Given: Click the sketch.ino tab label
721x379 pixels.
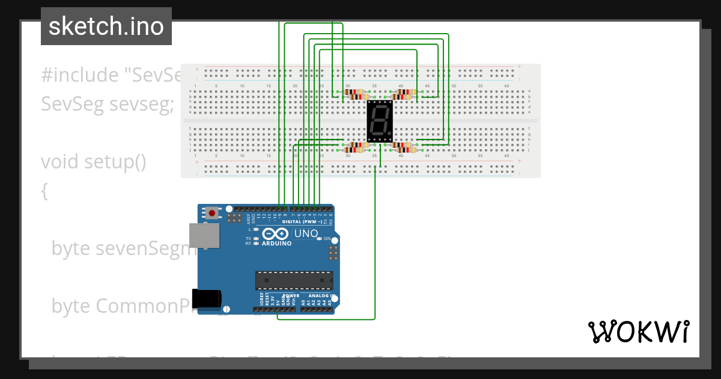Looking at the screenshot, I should (106, 26).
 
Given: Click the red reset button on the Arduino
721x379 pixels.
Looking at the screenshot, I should (212, 212).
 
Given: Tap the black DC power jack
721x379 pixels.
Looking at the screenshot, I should (207, 299).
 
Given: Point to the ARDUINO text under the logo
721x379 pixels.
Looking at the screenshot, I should (276, 244).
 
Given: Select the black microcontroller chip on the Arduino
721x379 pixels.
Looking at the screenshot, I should (294, 280).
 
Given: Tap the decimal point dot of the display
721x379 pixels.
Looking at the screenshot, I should (390, 133).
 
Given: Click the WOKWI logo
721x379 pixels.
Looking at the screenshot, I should (638, 331).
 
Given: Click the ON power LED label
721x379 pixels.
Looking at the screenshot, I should (327, 239).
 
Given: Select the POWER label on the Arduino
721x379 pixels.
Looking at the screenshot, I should (291, 295).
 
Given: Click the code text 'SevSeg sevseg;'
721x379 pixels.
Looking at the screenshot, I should (107, 104).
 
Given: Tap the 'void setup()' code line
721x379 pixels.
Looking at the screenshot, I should (93, 162).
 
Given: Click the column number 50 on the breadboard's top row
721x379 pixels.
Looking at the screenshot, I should (454, 86).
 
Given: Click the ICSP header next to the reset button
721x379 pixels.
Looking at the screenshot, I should (234, 217).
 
